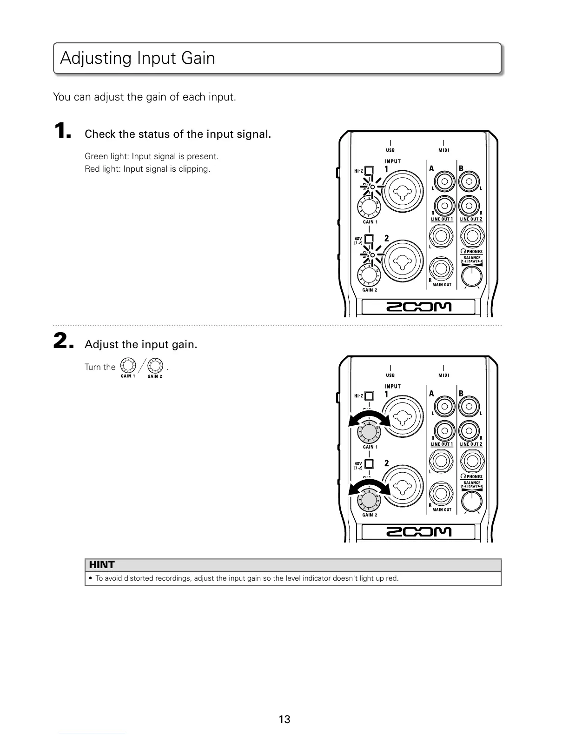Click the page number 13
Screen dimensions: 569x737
(284, 719)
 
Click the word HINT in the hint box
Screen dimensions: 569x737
(101, 565)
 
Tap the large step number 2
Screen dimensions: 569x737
(63, 342)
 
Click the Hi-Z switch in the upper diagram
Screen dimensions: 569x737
(369, 171)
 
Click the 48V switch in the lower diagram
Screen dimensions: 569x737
(369, 464)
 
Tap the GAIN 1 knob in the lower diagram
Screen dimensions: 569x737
(368, 433)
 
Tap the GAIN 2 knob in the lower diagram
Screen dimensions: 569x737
(368, 501)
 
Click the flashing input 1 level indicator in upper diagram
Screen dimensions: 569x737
(372, 187)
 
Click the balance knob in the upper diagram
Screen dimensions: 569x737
(472, 277)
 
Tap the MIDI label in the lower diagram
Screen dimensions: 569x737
(443, 375)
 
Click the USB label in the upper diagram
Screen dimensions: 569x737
(390, 150)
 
